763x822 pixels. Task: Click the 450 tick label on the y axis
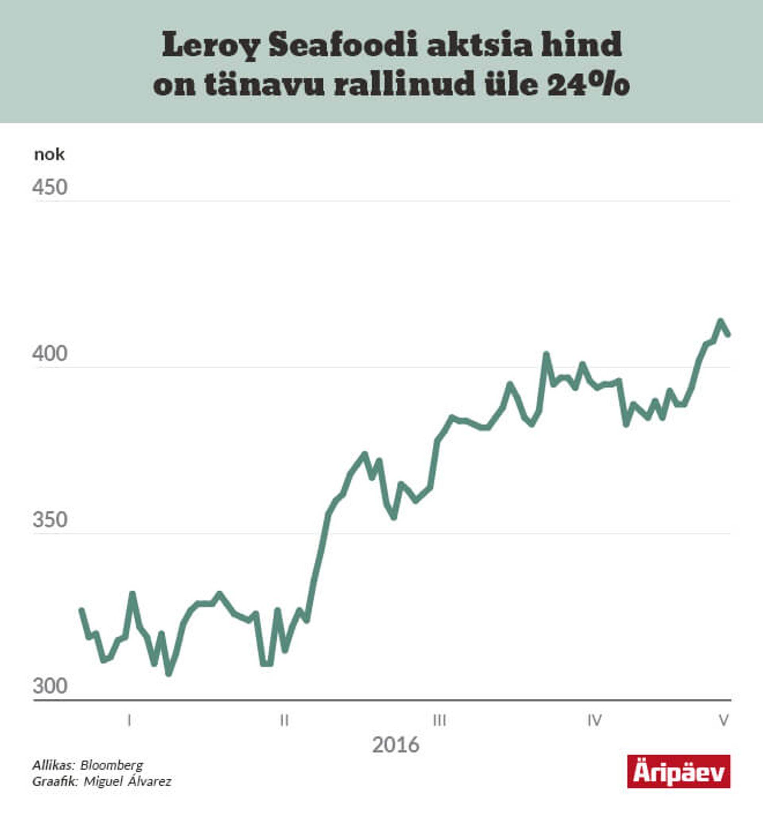click(x=50, y=188)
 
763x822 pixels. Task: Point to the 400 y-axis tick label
click(x=50, y=354)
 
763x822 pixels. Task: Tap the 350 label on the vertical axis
click(x=50, y=520)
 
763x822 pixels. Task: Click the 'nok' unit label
click(x=49, y=155)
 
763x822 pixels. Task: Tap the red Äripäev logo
click(x=678, y=772)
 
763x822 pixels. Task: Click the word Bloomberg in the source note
click(x=112, y=766)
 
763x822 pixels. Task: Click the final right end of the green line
click(x=728, y=335)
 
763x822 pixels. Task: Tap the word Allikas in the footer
click(x=53, y=766)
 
